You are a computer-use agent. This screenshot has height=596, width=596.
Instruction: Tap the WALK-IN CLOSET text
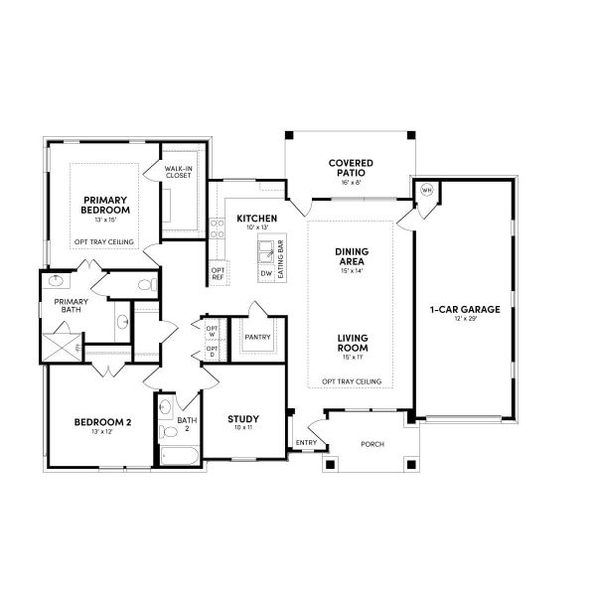[x=179, y=173]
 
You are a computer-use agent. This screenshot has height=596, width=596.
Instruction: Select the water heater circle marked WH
[x=426, y=190]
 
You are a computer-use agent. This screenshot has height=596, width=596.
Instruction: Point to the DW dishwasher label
[x=265, y=272]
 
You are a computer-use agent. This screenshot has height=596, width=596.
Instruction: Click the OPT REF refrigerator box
[x=218, y=273]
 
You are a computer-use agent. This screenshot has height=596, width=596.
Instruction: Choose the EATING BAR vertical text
[x=281, y=257]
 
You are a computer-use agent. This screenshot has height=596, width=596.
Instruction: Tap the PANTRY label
[x=257, y=337]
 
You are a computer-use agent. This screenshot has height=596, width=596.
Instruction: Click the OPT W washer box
[x=212, y=331]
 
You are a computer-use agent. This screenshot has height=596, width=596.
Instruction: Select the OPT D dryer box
[x=212, y=353]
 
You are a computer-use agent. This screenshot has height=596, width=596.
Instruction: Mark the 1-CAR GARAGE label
[x=464, y=309]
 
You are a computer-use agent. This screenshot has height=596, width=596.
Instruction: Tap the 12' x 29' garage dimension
[x=464, y=320]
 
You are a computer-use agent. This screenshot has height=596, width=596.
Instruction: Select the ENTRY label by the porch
[x=305, y=443]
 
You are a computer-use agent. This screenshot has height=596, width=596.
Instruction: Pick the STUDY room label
[x=242, y=419]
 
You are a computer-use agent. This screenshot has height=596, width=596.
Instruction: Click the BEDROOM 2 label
[x=97, y=422]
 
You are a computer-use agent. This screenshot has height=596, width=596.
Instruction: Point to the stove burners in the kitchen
[x=217, y=229]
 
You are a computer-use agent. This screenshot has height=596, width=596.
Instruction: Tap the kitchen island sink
[x=265, y=247]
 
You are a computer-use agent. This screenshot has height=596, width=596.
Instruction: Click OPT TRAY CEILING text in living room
[x=352, y=381]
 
